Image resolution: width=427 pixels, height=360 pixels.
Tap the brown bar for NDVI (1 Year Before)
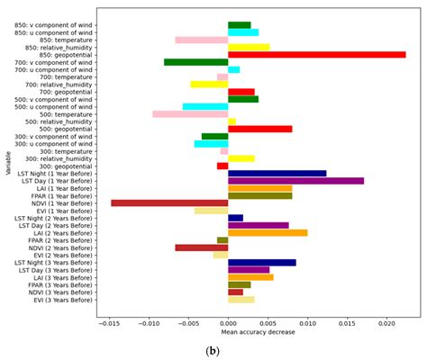click(x=169, y=203)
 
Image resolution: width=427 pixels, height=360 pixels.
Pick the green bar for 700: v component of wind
click(x=195, y=62)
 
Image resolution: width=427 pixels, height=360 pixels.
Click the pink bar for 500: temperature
click(x=190, y=114)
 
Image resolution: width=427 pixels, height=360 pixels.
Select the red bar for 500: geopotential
click(x=259, y=129)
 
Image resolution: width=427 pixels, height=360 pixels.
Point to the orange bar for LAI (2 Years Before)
click(x=268, y=232)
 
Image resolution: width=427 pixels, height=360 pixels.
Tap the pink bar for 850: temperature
click(x=201, y=40)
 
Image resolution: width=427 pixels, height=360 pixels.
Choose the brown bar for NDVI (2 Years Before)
click(x=201, y=247)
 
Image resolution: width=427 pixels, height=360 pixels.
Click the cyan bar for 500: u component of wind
click(x=204, y=106)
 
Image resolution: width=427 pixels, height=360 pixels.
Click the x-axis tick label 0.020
click(x=386, y=323)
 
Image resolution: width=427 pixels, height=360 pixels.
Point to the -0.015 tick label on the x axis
click(x=108, y=323)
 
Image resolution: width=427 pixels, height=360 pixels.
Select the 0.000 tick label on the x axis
click(x=228, y=323)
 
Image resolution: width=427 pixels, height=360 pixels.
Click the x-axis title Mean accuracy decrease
click(x=257, y=333)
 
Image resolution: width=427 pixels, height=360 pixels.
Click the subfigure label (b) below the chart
click(x=213, y=350)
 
